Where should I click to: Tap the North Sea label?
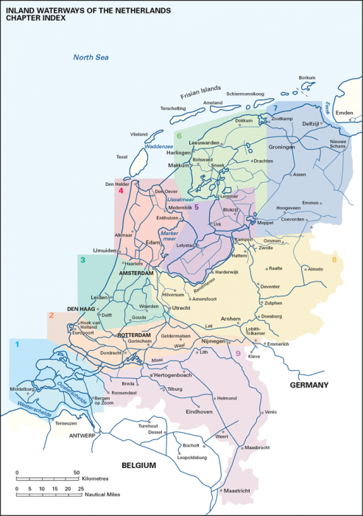(90, 57)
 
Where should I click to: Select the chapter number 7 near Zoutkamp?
(275, 108)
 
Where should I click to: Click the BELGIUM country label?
(139, 465)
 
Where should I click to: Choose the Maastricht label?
(238, 489)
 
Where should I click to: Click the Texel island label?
(121, 157)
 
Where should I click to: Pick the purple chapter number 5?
(197, 207)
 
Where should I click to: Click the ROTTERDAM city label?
(134, 335)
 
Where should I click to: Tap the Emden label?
(345, 113)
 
